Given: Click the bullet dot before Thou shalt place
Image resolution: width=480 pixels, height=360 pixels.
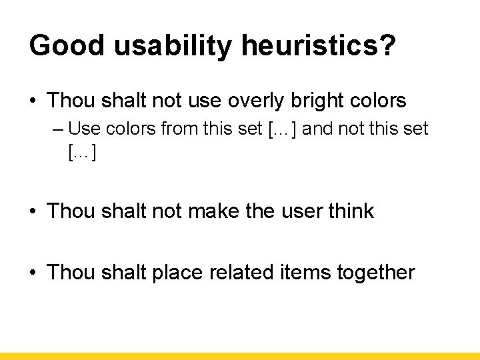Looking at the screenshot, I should pos(33,273).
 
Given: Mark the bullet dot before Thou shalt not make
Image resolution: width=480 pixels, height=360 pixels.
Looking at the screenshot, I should pos(33,212).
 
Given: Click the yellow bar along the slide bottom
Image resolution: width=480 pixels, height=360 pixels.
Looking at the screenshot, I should pos(240,356).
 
